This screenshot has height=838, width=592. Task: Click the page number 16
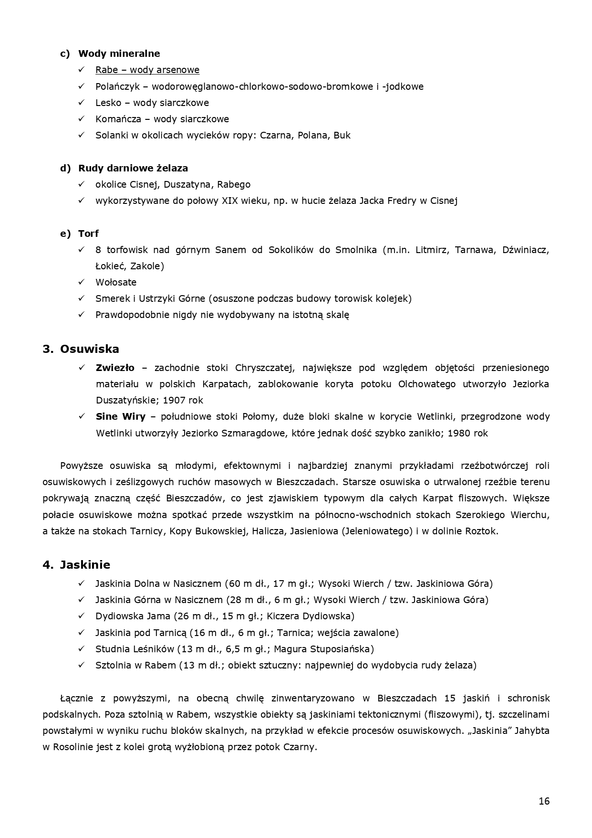click(x=544, y=801)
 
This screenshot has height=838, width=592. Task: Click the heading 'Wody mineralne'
click(x=119, y=53)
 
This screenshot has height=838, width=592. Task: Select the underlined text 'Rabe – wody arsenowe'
click(x=147, y=70)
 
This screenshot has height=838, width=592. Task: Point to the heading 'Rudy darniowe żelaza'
click(x=133, y=168)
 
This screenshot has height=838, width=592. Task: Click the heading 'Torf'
click(x=88, y=233)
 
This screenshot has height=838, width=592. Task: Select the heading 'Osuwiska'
click(x=89, y=349)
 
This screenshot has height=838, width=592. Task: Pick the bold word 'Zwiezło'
click(x=114, y=368)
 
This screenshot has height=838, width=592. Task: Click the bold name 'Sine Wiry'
click(x=120, y=416)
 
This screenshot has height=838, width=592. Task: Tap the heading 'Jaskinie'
click(x=85, y=565)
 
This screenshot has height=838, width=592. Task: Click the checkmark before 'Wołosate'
click(x=82, y=282)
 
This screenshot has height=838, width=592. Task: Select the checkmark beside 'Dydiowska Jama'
click(x=82, y=616)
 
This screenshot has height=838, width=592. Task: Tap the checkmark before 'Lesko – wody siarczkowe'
click(x=82, y=103)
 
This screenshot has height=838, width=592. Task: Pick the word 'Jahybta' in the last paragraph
click(x=531, y=731)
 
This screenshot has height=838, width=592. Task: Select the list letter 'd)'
click(x=65, y=168)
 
